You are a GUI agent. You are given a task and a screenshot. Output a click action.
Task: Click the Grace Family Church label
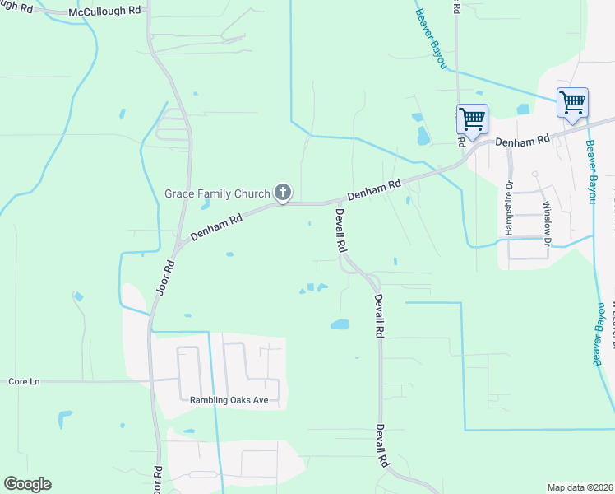pos(217,194)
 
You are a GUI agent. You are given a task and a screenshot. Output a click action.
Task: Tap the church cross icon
pos(282,193)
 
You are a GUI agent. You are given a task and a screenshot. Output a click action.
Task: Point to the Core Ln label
pos(24,382)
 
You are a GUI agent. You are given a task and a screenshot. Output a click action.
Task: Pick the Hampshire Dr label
pos(509,208)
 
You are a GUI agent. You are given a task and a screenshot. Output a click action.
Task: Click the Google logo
pos(27,484)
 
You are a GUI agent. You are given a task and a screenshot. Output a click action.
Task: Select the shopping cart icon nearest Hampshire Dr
pos(472,119)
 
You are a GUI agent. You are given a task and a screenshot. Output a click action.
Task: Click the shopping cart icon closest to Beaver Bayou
pos(572,103)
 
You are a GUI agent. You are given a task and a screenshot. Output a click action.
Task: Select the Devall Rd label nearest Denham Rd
pos(340,230)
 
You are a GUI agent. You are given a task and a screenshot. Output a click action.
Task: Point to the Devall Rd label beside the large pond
pos(379,315)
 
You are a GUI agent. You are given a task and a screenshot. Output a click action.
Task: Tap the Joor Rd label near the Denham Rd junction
pos(165,278)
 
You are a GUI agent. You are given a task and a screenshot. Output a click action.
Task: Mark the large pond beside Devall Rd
pos(340,324)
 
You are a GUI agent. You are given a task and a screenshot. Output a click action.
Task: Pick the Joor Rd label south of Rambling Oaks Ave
pos(158,478)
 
